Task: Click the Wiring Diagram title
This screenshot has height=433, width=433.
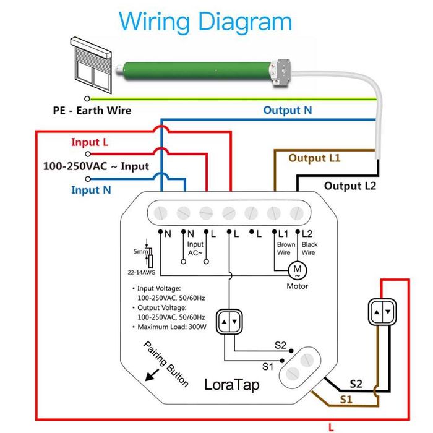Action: (205, 22)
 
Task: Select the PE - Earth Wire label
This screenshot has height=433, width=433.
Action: (92, 111)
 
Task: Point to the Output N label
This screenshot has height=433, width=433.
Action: (288, 110)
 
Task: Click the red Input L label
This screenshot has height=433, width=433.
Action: (90, 142)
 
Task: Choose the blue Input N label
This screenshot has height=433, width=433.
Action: (91, 190)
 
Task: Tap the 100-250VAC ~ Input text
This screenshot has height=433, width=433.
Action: (96, 166)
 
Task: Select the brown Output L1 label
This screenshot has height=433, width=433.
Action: (314, 158)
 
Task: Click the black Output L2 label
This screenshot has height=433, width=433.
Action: (349, 186)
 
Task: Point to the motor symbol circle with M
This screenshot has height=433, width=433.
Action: (298, 269)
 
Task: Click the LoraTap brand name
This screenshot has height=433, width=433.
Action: (232, 384)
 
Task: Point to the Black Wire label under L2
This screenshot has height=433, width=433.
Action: (309, 249)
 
